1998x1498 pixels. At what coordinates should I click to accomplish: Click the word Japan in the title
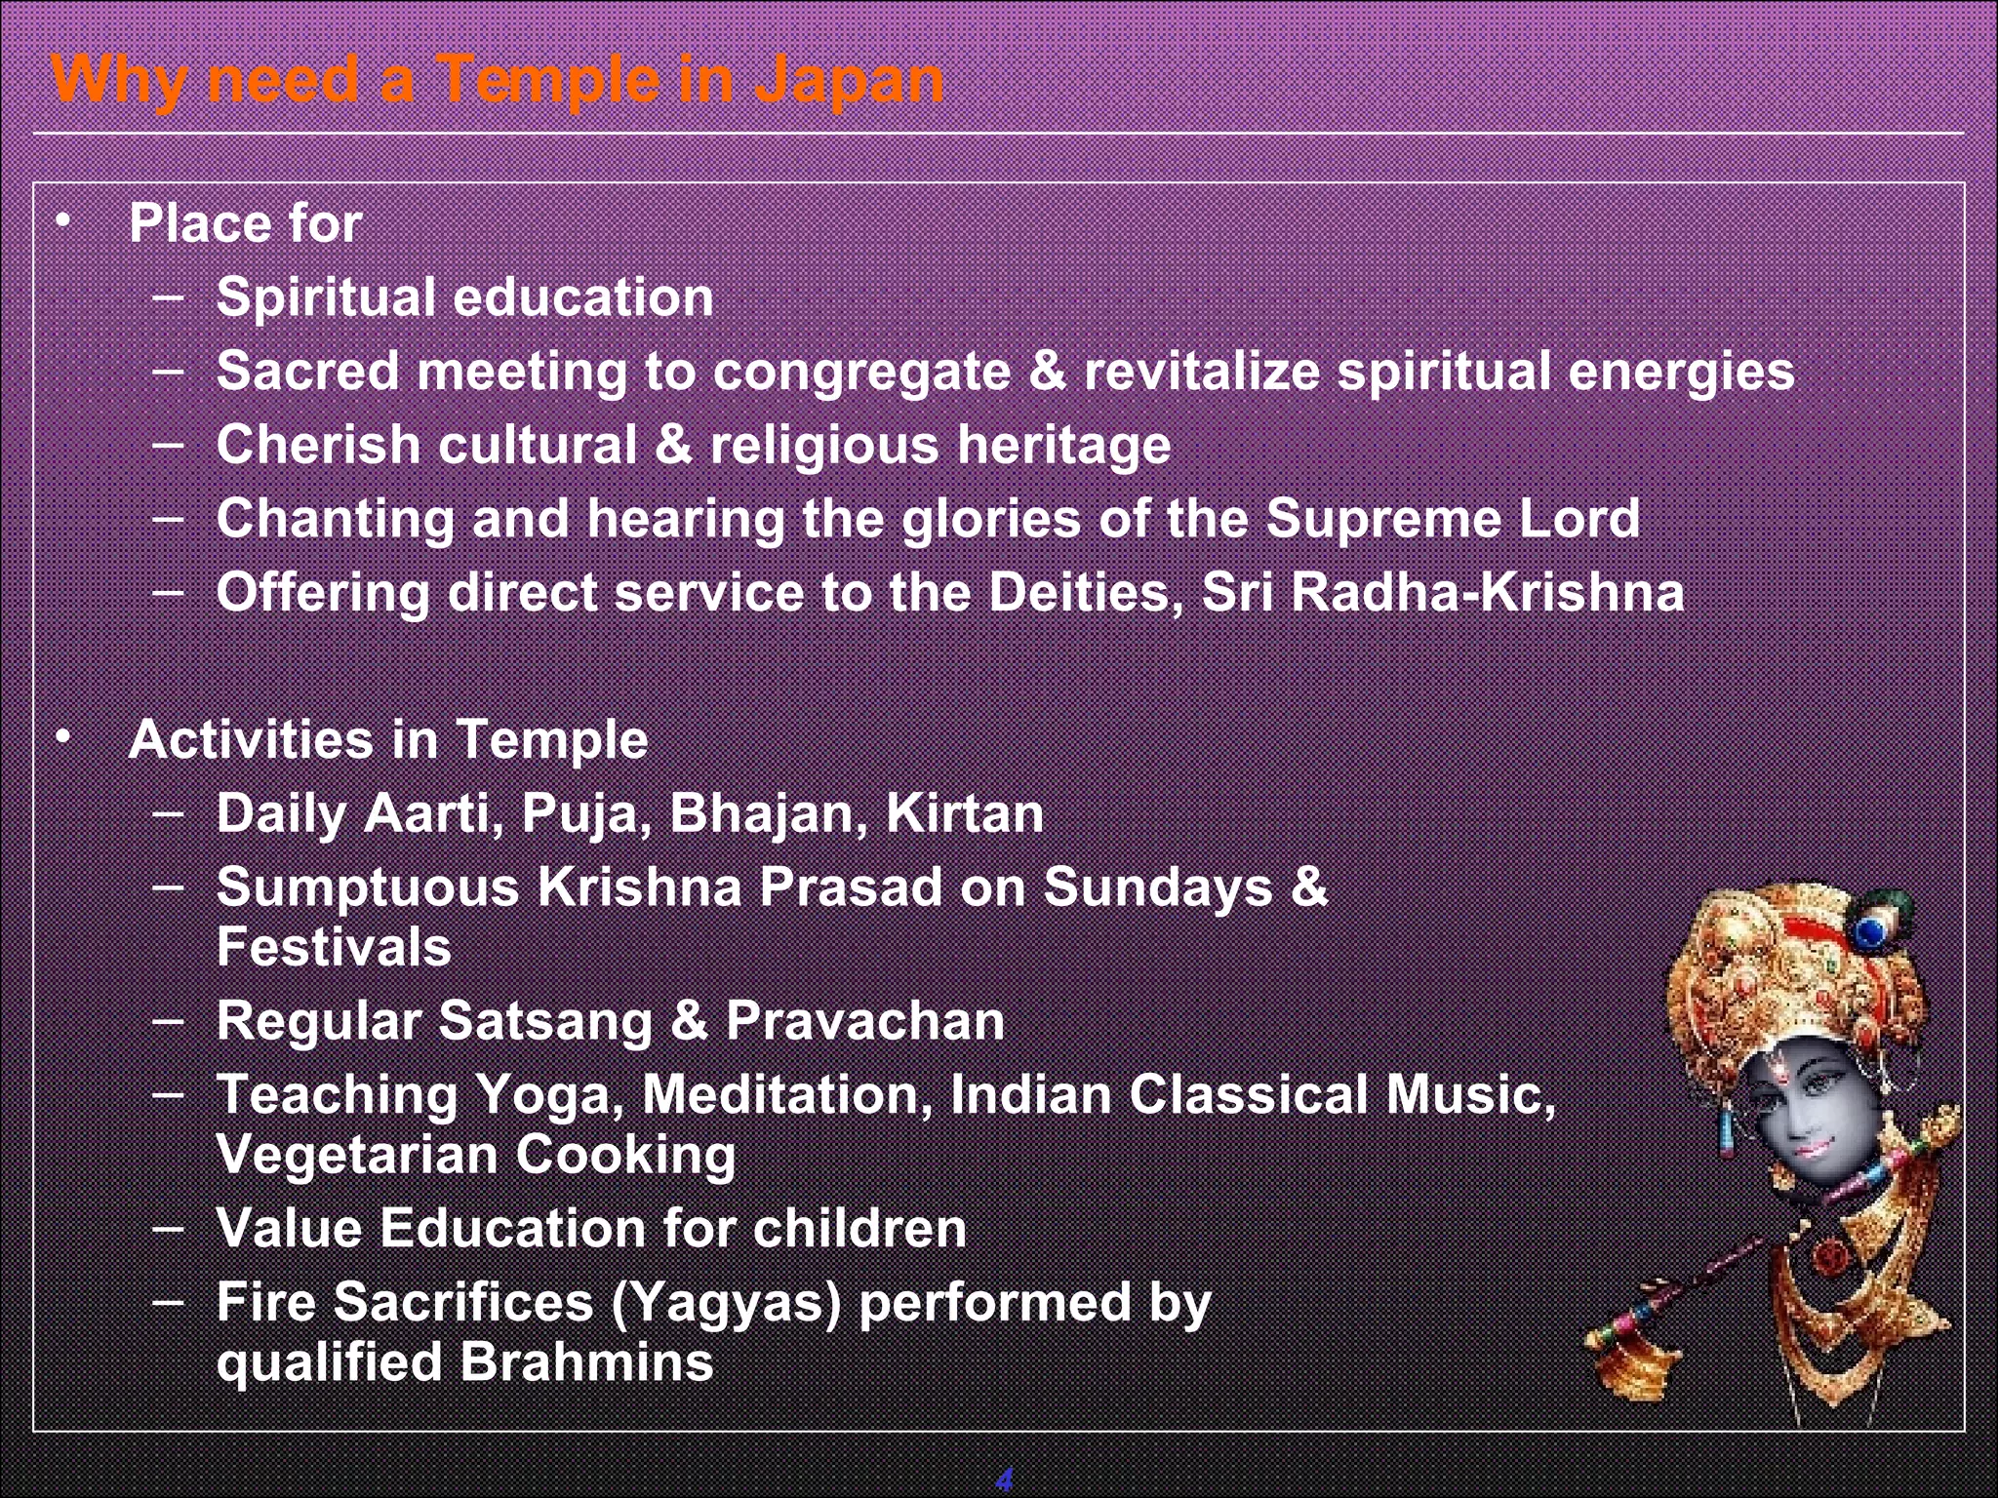click(849, 80)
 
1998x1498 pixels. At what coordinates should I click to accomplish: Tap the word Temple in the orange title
click(546, 80)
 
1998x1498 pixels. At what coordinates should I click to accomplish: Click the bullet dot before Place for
click(63, 221)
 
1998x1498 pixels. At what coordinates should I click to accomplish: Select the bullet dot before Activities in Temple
click(63, 738)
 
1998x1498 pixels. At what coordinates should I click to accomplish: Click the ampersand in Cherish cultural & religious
click(672, 445)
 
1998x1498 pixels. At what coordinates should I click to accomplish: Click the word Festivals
click(334, 947)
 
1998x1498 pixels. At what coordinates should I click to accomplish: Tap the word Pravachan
click(864, 1021)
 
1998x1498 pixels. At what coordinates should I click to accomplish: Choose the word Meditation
click(780, 1094)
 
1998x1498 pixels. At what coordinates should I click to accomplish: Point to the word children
click(859, 1228)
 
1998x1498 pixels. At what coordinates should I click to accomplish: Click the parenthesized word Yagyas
click(725, 1303)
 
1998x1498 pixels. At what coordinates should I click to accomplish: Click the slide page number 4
click(1004, 1479)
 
